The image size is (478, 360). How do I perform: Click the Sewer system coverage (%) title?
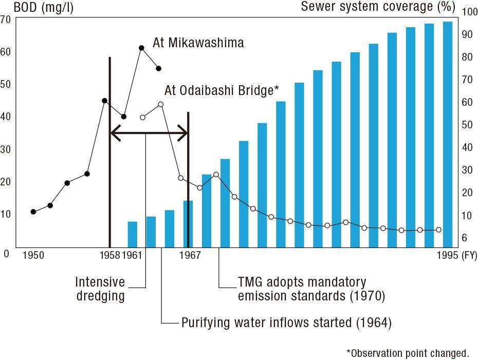[x=378, y=7]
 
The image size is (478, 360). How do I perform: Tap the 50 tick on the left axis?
[x=6, y=84]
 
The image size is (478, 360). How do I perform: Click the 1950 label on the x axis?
[x=33, y=255]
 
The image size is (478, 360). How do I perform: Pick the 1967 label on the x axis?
[x=191, y=255]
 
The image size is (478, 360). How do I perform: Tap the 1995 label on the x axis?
[x=447, y=255]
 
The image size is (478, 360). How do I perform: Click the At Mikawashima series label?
[x=198, y=43]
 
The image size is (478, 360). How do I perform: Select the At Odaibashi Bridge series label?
[x=222, y=91]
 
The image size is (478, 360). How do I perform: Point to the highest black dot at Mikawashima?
[x=141, y=48]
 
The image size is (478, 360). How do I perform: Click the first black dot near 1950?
[x=33, y=212]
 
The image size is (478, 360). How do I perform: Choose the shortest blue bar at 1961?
[x=133, y=234]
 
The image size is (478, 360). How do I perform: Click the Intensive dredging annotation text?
[x=100, y=289]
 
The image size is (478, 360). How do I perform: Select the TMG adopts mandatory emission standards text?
[x=311, y=289]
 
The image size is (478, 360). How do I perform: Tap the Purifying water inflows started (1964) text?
[x=286, y=323]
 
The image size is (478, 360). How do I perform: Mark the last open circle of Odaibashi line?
[x=438, y=230]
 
